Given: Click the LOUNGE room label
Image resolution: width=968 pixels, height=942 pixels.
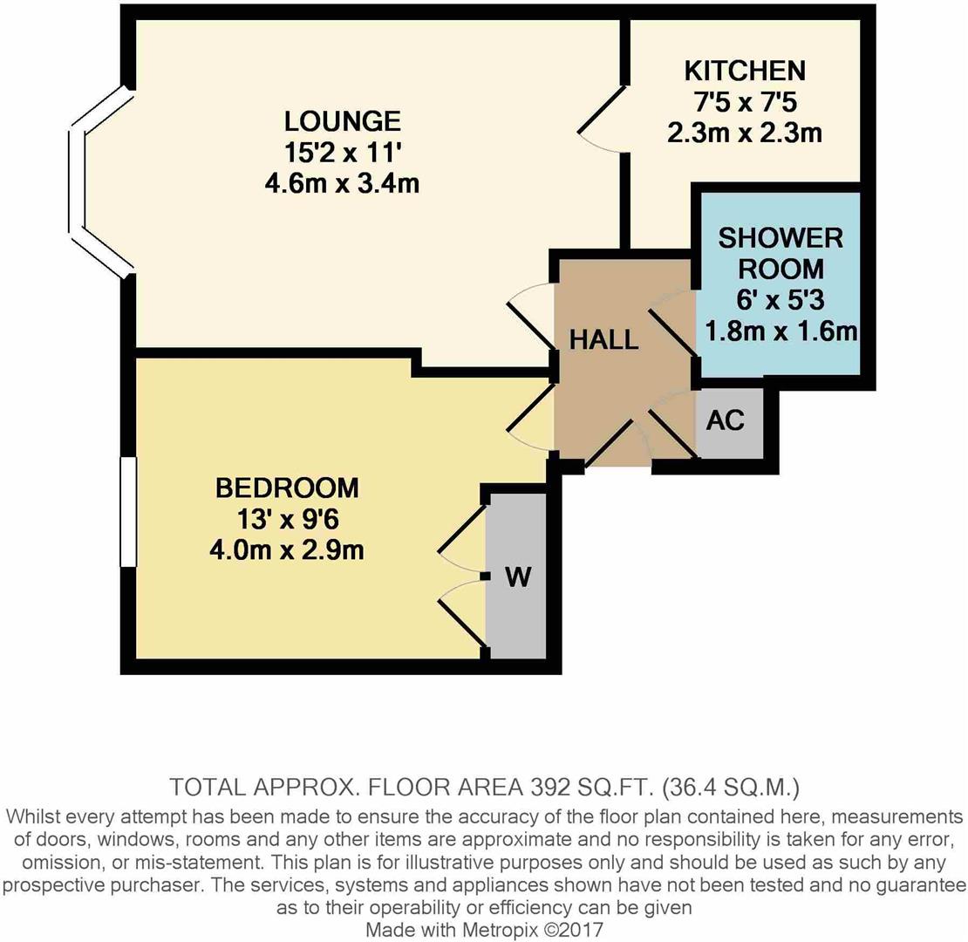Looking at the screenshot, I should coord(342,119).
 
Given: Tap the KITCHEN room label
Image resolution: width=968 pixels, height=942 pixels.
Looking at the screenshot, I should coord(744,70).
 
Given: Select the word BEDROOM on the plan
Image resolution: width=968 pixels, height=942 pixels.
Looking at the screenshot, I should coord(287,487).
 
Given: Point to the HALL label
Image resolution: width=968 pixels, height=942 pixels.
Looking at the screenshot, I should coord(603,339).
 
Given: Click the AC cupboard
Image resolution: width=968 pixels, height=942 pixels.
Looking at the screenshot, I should coord(726,420).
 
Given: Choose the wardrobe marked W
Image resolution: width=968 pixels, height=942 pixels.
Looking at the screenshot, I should coord(517,577).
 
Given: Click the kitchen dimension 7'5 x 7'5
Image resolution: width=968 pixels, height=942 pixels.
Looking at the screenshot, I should coord(744,102).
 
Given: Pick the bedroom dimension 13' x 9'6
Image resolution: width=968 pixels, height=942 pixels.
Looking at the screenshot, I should coord(287,519).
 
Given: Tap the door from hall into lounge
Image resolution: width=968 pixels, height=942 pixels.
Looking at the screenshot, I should coord(530,317).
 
